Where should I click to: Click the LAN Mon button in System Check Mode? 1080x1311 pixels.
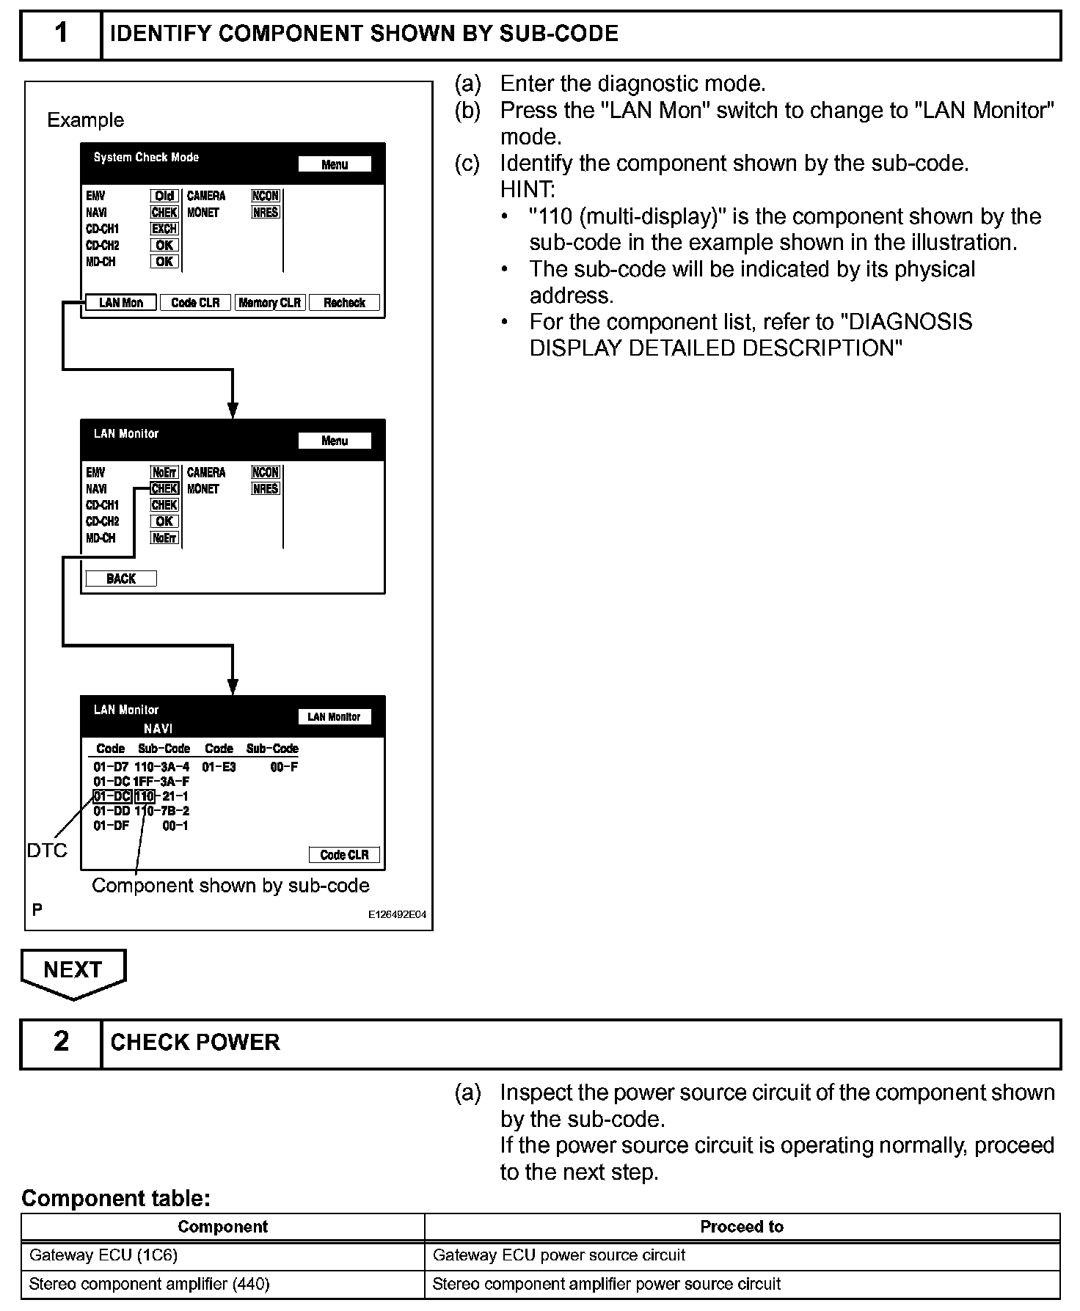[121, 303]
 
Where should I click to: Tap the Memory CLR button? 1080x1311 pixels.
[269, 303]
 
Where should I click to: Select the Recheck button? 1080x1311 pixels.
[344, 303]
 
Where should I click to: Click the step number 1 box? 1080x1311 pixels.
[61, 34]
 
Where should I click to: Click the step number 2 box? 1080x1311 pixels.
[61, 1043]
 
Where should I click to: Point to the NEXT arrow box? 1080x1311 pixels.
[73, 971]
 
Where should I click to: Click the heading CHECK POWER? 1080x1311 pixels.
[195, 1043]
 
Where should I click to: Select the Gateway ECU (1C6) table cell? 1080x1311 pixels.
[103, 1255]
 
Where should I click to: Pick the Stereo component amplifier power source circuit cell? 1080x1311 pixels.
[606, 1284]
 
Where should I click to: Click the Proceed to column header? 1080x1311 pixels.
[742, 1227]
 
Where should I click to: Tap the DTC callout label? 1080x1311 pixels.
[47, 851]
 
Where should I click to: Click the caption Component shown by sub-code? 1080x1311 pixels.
[230, 886]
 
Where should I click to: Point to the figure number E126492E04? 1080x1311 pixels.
[397, 915]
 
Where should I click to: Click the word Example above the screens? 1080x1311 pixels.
[86, 120]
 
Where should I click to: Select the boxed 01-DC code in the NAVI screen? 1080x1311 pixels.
[112, 796]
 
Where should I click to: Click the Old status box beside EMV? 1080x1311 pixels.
[164, 196]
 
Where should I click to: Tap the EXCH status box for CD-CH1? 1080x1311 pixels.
[164, 229]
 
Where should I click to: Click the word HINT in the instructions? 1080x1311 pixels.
[528, 190]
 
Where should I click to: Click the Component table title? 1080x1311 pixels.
[116, 1198]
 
